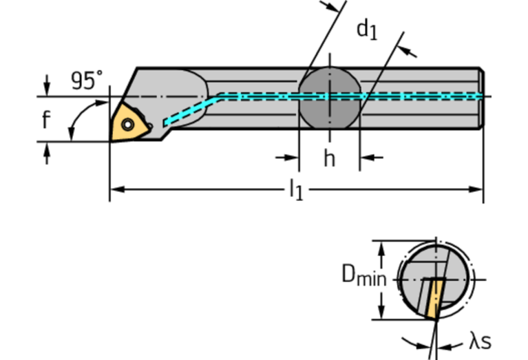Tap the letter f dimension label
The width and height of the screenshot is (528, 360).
point(45,120)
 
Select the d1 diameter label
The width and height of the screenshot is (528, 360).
point(366,30)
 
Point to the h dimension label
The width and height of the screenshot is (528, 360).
point(330,159)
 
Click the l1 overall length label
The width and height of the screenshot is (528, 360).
point(295,191)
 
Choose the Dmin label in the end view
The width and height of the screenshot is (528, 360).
point(364,276)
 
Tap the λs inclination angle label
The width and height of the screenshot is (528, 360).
point(481,341)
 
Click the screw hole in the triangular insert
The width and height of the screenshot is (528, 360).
point(128,125)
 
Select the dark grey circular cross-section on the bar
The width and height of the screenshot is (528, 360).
point(329,96)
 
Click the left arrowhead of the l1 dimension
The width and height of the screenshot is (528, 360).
point(116,187)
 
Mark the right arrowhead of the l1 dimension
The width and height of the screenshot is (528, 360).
point(476,187)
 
